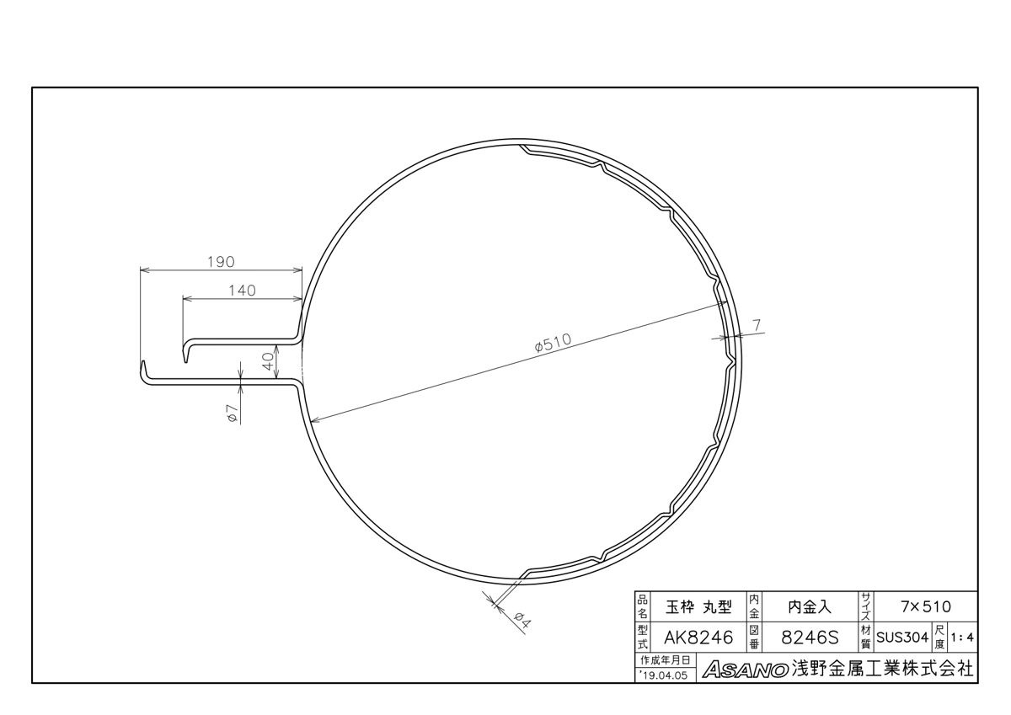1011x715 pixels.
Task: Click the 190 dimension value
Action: [221, 262]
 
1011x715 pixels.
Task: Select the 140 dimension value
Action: [242, 290]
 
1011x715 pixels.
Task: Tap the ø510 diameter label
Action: [553, 343]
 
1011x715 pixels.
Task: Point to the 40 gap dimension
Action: [269, 361]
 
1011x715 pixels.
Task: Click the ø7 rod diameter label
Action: [232, 414]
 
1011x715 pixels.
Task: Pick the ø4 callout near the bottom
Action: [523, 621]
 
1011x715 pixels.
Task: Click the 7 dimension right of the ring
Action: [757, 325]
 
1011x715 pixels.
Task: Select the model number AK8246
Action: [698, 638]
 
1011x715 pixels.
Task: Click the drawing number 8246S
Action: [810, 638]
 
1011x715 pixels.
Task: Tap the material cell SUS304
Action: [902, 638]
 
